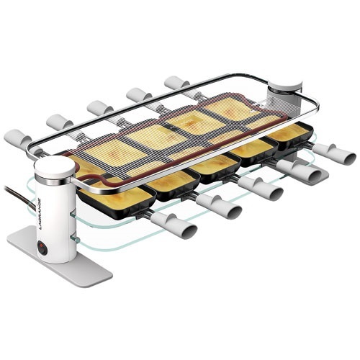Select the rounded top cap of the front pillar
pyautogui.click(x=55, y=167)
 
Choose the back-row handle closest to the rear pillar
pyautogui.click(x=176, y=83)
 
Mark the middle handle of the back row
pyautogui.click(x=99, y=107)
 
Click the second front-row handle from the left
pyautogui.click(x=220, y=207)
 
